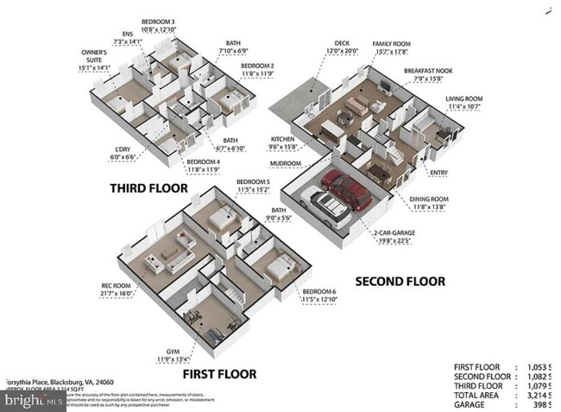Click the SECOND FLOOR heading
coord(400,281)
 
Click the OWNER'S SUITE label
coord(94,57)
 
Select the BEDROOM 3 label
coord(158,21)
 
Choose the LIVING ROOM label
coord(463,98)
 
